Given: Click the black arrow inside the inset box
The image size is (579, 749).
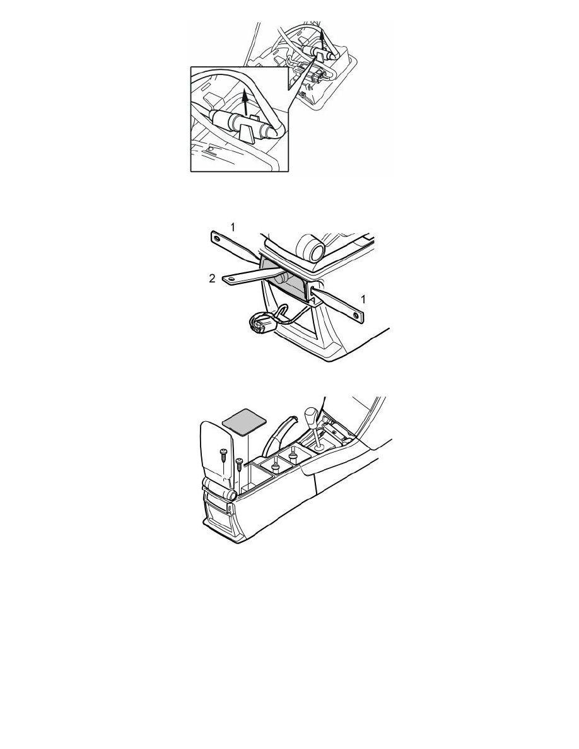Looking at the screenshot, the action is point(245,102).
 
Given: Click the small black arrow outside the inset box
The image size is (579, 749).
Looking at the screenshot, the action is point(323,41).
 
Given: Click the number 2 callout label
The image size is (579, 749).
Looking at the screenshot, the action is point(213,279).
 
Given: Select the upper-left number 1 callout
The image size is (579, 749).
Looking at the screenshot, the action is point(233,228).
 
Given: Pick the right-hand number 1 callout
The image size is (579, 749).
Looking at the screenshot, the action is point(363,299).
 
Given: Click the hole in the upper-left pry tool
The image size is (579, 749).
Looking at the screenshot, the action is point(218,238).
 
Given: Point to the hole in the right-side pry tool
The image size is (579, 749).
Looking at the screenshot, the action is point(356,315).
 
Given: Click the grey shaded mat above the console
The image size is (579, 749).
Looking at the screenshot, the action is point(245,421).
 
